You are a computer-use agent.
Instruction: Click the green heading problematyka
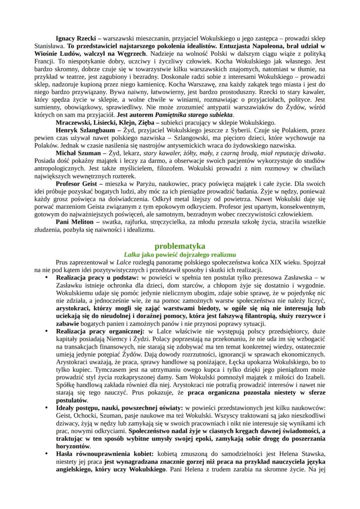[x=180, y=246]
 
